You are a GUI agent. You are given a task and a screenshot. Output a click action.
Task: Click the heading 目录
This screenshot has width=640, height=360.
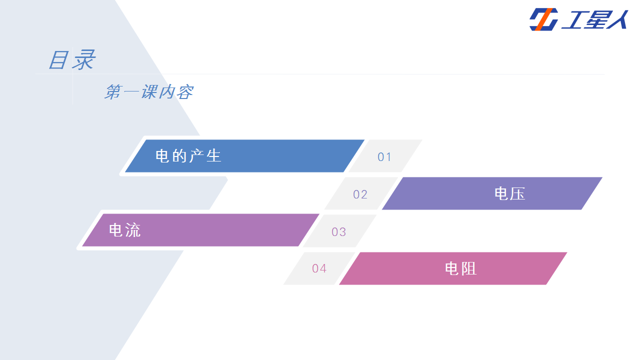pyautogui.click(x=72, y=59)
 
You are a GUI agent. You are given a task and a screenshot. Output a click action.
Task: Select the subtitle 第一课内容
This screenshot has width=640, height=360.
pyautogui.click(x=149, y=91)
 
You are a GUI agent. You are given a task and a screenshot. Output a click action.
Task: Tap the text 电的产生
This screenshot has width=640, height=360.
pyautogui.click(x=188, y=156)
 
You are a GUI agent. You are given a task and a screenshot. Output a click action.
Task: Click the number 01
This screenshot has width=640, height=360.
pyautogui.click(x=384, y=157)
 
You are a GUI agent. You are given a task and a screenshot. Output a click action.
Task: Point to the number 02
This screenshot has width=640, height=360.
pyautogui.click(x=360, y=194)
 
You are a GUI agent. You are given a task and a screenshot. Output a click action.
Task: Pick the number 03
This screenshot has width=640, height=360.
pyautogui.click(x=338, y=231)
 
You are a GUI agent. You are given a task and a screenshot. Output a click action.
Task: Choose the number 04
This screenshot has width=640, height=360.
pyautogui.click(x=319, y=268)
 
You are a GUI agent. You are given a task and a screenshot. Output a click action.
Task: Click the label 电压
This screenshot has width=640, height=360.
pyautogui.click(x=509, y=193)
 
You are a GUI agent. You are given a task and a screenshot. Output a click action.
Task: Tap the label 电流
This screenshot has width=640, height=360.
pyautogui.click(x=125, y=230)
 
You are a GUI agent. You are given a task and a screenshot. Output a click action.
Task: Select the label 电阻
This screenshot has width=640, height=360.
pyautogui.click(x=460, y=268)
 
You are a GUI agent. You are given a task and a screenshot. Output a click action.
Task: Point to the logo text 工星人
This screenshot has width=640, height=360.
pyautogui.click(x=595, y=19)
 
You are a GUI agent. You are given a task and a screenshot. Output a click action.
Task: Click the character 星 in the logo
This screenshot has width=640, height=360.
pyautogui.click(x=595, y=19)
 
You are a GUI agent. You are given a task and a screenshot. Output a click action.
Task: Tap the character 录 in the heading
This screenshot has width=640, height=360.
pyautogui.click(x=83, y=59)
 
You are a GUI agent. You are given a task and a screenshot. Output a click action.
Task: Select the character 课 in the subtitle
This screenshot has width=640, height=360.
pyautogui.click(x=149, y=91)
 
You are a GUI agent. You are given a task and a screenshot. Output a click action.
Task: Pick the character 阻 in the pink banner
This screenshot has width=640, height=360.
pyautogui.click(x=469, y=268)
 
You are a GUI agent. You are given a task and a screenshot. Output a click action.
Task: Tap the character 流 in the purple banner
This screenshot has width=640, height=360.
pyautogui.click(x=133, y=230)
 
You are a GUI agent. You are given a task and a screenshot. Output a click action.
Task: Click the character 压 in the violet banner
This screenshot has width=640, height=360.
pyautogui.click(x=517, y=193)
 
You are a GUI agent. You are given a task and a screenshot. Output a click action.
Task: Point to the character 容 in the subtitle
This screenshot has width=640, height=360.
pyautogui.click(x=185, y=92)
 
